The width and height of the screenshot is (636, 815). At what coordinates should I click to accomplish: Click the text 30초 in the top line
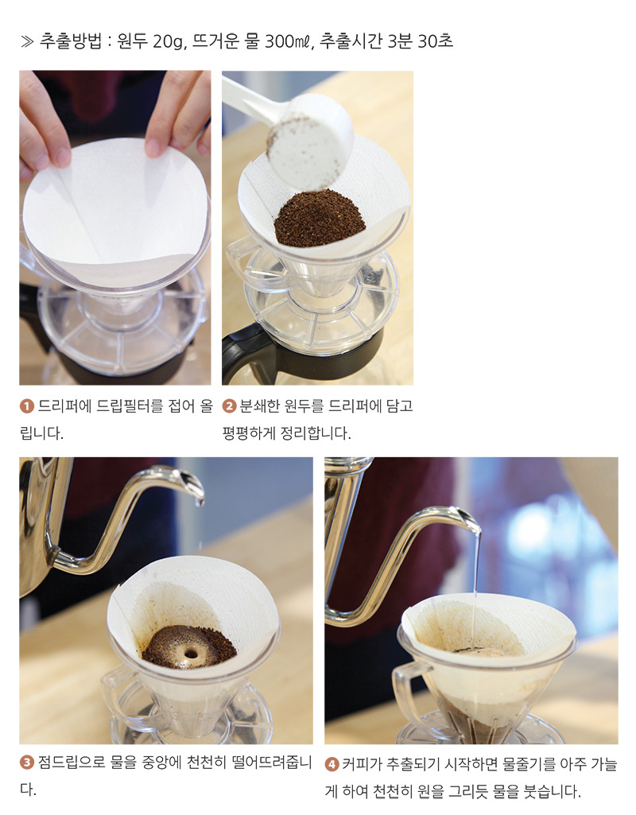click(434, 41)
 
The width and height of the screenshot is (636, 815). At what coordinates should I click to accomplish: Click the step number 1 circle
click(26, 407)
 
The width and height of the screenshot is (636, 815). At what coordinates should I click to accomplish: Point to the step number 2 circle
click(230, 407)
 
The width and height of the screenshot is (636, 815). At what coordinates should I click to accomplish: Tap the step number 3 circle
click(26, 764)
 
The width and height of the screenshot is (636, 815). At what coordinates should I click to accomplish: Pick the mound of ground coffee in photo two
click(320, 218)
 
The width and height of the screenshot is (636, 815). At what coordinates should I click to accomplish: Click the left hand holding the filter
click(44, 119)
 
